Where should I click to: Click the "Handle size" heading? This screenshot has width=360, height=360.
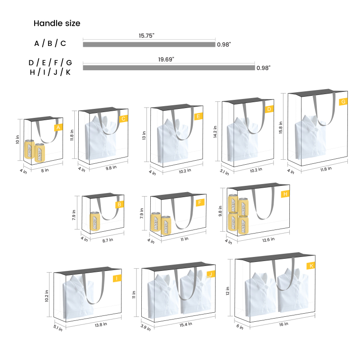(x=57, y=23)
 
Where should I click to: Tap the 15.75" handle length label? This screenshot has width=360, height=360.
(x=147, y=36)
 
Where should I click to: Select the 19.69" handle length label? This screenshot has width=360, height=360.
(x=166, y=59)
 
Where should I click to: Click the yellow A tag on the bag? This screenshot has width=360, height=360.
(x=58, y=128)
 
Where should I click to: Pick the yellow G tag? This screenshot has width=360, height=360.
(x=343, y=102)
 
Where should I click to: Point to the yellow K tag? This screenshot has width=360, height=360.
(x=311, y=265)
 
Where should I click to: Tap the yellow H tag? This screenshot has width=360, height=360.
(x=285, y=194)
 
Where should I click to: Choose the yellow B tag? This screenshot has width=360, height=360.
(x=119, y=204)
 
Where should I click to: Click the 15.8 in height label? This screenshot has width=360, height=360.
(x=280, y=128)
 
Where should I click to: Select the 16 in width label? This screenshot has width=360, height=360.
(x=283, y=324)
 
